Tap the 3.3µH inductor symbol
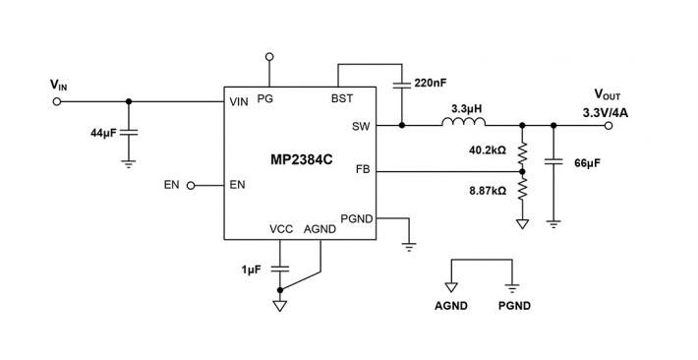tap(464, 124)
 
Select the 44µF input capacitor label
tap(103, 131)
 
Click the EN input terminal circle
tap(191, 185)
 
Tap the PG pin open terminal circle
tap(268, 57)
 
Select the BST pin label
tap(342, 98)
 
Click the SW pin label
tap(361, 126)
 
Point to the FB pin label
tap(363, 170)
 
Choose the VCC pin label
tap(281, 229)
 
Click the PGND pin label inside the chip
tap(356, 217)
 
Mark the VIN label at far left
tap(59, 86)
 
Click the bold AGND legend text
tap(451, 306)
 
